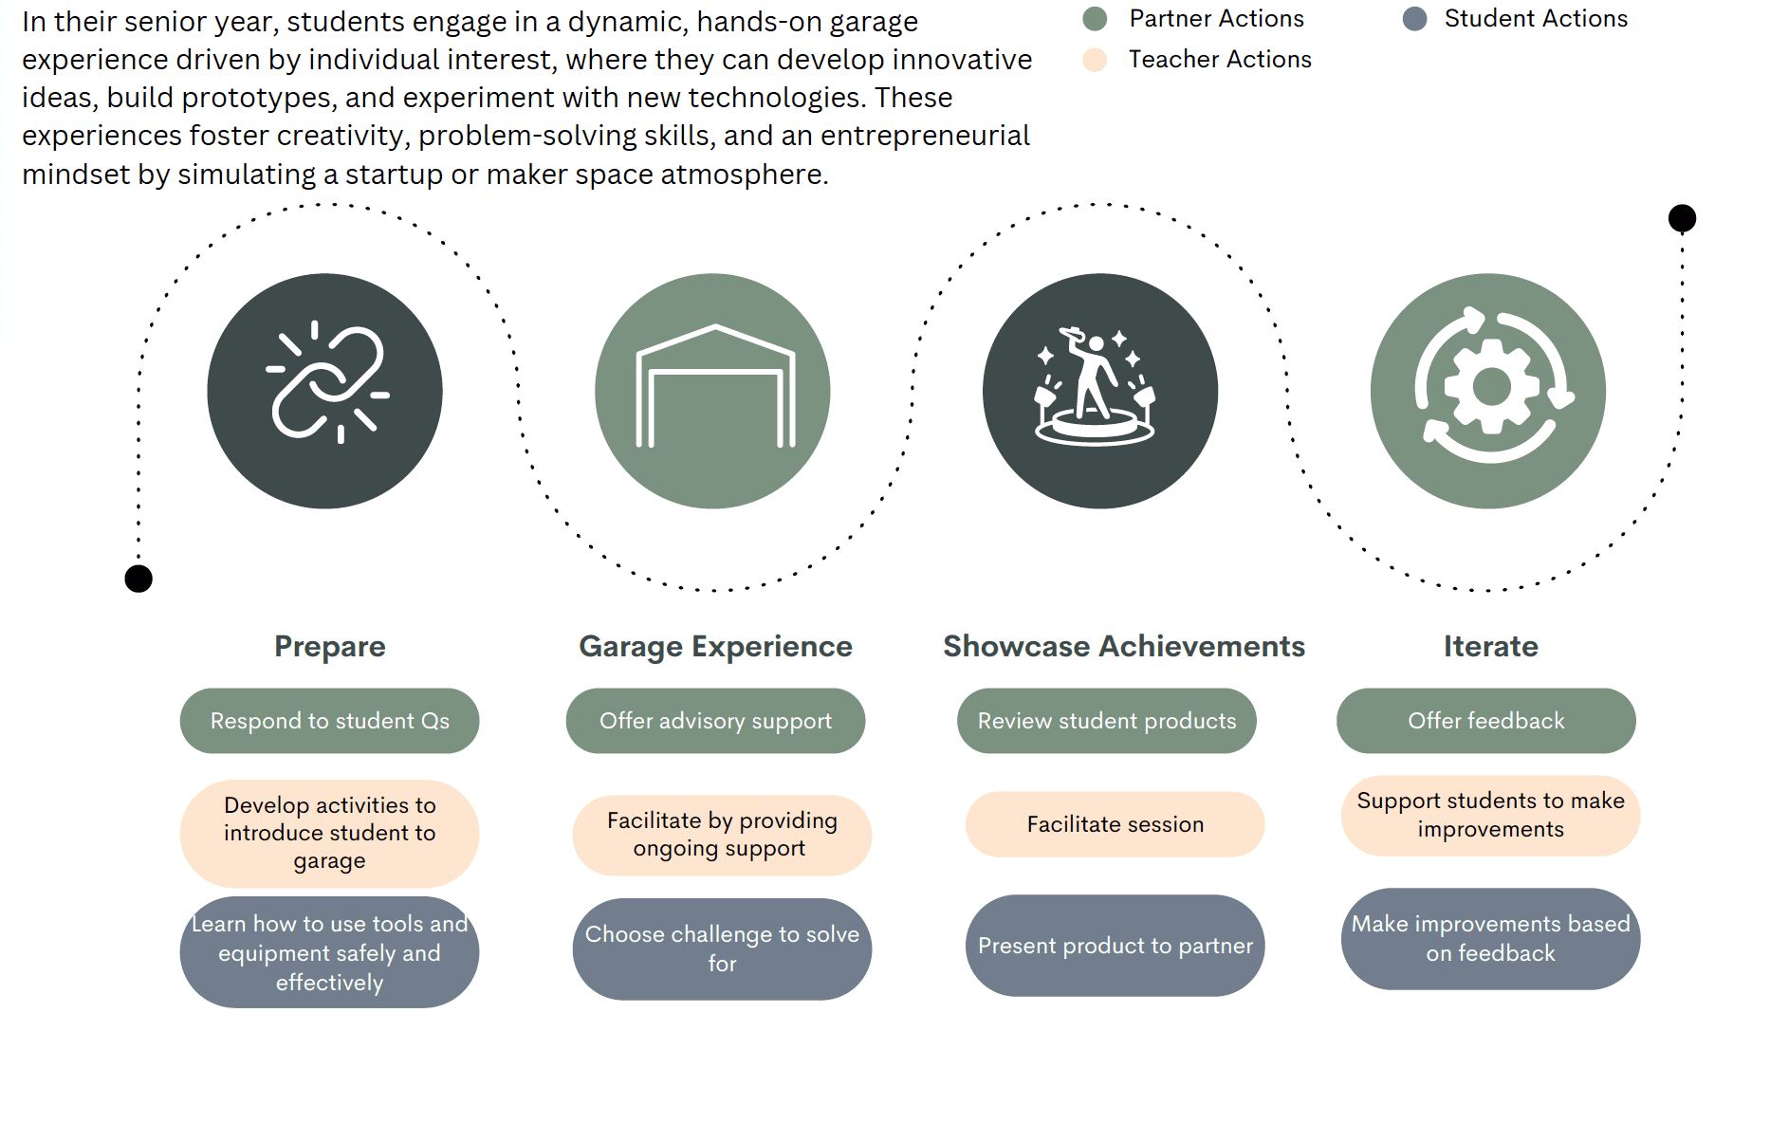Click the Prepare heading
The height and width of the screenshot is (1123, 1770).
click(330, 646)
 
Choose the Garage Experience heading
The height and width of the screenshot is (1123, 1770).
click(715, 646)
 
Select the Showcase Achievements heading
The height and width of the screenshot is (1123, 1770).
click(1124, 646)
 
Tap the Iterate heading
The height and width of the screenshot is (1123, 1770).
click(1490, 646)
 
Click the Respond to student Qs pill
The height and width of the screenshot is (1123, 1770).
click(330, 721)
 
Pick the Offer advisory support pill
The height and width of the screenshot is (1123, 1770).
click(715, 721)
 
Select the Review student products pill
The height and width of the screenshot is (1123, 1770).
click(1107, 721)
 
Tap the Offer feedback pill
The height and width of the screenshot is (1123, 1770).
click(1486, 721)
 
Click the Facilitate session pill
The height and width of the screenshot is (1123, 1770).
click(1115, 824)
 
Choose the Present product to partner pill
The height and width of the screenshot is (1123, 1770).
click(1115, 946)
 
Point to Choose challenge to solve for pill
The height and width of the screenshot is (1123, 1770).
click(722, 948)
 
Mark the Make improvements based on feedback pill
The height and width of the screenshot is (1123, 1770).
click(1490, 939)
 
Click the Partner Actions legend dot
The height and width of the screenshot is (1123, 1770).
click(1095, 19)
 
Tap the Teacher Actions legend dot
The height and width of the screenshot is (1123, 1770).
click(1095, 60)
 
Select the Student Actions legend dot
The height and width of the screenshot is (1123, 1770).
click(1414, 19)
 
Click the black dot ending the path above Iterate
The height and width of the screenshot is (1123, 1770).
click(1682, 218)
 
